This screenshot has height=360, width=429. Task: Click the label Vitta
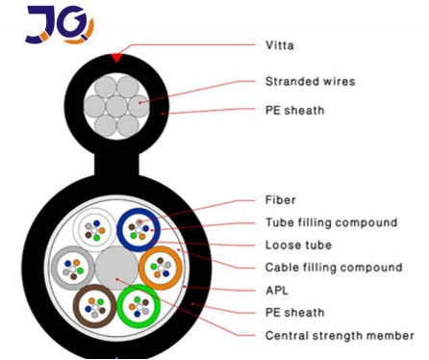[x=280, y=44]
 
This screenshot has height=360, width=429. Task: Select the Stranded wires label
[x=310, y=81]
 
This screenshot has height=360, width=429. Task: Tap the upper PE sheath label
[x=294, y=110]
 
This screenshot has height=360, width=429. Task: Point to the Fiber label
[x=280, y=202]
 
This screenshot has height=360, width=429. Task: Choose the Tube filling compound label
[x=330, y=222]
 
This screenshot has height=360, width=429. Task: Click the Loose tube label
[x=297, y=244]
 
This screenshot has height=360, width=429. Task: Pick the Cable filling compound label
[x=333, y=267]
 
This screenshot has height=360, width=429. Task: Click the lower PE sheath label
[x=294, y=312]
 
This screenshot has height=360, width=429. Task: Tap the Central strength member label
[x=339, y=335]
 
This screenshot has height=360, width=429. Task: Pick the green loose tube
[x=139, y=307]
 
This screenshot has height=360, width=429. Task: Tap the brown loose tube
[x=94, y=307]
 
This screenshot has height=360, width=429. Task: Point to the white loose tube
[x=93, y=229]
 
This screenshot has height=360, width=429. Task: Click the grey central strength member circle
[x=116, y=268]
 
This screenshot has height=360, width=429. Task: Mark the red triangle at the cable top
[x=116, y=58]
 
